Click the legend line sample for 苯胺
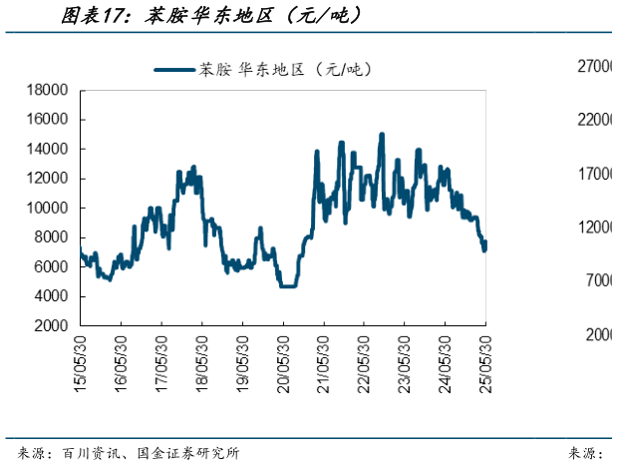tap(173, 69)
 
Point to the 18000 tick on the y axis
tap(47, 90)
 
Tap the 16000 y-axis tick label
tap(47, 120)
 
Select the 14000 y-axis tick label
tap(47, 149)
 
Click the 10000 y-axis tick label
tap(47, 208)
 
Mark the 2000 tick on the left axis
tap(51, 326)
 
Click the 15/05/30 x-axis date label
tap(80, 356)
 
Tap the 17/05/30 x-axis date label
tap(160, 356)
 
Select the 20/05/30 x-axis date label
tap(282, 356)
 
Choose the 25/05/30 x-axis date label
tap(484, 356)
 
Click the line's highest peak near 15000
tap(382, 135)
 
